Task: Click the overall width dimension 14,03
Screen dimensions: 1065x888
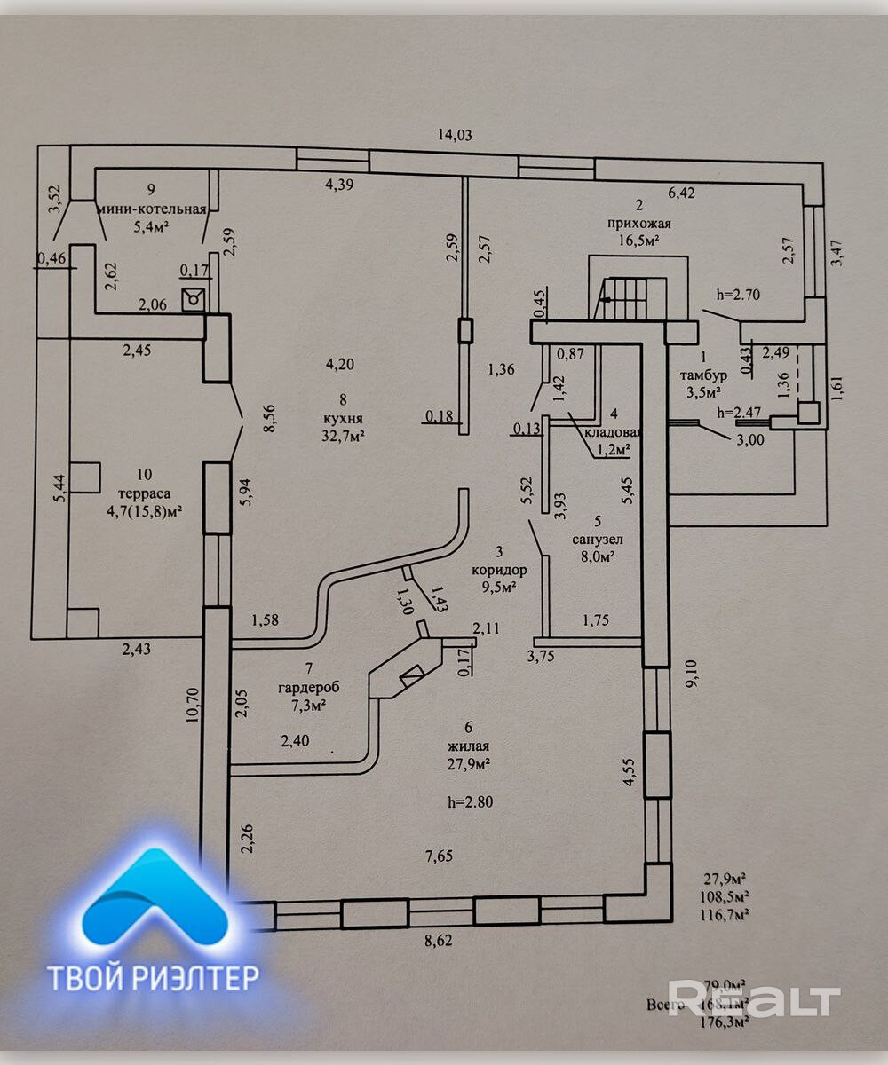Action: click(x=454, y=136)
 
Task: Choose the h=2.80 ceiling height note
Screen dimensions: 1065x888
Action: click(x=471, y=802)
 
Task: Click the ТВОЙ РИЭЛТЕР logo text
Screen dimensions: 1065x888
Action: click(x=153, y=977)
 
